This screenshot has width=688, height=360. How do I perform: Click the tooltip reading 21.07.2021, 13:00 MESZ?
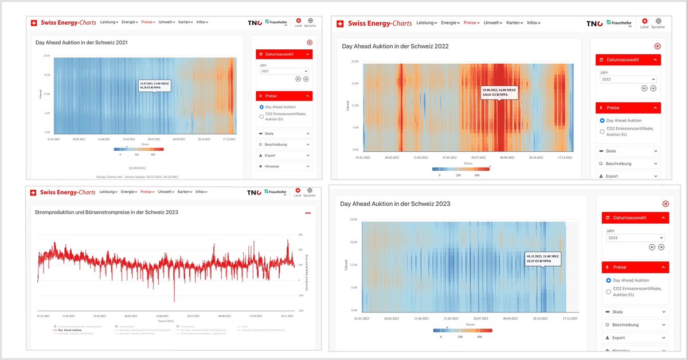[154, 85]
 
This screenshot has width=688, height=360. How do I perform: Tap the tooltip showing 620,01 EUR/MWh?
[499, 93]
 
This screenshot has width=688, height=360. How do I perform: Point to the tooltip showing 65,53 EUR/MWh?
[543, 259]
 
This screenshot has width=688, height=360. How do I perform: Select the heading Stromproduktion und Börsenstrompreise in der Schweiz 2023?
[107, 212]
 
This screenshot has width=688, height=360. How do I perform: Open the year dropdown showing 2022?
[628, 80]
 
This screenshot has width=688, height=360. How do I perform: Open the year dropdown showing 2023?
[635, 238]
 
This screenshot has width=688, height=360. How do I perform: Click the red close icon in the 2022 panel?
[657, 46]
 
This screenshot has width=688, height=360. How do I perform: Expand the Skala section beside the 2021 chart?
[284, 134]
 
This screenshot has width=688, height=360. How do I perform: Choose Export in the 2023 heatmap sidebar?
[635, 338]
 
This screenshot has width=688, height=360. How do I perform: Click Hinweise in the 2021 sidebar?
[284, 166]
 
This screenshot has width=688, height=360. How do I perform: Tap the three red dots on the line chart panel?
[308, 213]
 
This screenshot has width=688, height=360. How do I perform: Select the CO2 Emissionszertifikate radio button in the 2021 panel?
[261, 116]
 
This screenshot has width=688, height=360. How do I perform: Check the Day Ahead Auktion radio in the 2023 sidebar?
[608, 280]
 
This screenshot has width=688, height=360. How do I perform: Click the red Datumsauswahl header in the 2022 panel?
[628, 60]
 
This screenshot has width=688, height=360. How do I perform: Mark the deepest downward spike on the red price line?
[174, 300]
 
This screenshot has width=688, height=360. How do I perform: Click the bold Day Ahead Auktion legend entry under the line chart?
[69, 331]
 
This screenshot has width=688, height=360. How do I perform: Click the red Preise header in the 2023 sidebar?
[635, 267]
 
